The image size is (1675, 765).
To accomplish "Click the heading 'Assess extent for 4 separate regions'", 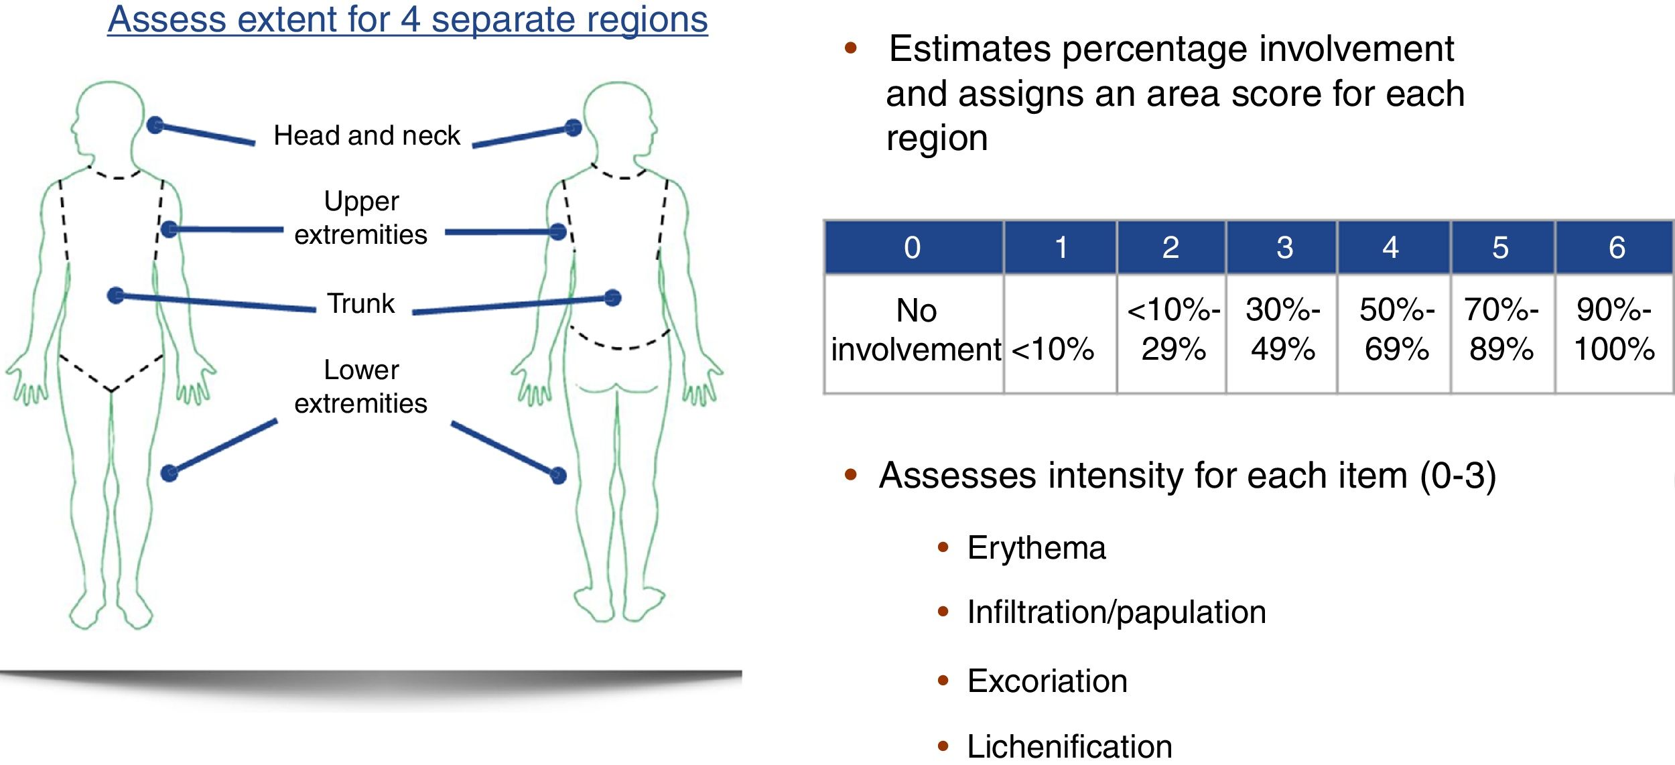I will pyautogui.click(x=407, y=19).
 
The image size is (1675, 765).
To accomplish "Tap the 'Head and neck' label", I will pyautogui.click(x=366, y=135).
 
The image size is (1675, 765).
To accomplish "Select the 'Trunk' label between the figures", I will pyautogui.click(x=361, y=303).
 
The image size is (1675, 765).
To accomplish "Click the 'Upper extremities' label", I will pyautogui.click(x=360, y=218).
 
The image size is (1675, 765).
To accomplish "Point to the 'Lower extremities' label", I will pyautogui.click(x=360, y=387).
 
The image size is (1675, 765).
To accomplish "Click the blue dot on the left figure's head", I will pyautogui.click(x=155, y=125).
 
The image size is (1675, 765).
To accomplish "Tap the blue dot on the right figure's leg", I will pyautogui.click(x=558, y=476).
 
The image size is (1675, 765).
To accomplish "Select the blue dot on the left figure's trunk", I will pyautogui.click(x=116, y=295).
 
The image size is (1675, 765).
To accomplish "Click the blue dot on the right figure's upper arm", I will pyautogui.click(x=557, y=232).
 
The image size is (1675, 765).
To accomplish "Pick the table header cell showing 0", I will pyautogui.click(x=913, y=248).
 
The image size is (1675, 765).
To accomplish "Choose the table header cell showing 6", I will pyautogui.click(x=1617, y=248).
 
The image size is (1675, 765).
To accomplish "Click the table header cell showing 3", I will pyautogui.click(x=1284, y=248).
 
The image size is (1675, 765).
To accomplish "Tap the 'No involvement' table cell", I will pyautogui.click(x=915, y=330).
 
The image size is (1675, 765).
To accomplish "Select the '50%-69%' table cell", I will pyautogui.click(x=1396, y=330).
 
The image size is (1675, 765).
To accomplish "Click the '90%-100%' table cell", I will pyautogui.click(x=1614, y=330).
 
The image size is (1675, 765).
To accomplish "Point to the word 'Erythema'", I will pyautogui.click(x=1036, y=548).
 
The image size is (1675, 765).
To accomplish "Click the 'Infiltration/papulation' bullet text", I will pyautogui.click(x=1116, y=612).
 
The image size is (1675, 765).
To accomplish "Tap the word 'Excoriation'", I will pyautogui.click(x=1047, y=681).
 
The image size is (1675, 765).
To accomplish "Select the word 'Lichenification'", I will pyautogui.click(x=1069, y=746).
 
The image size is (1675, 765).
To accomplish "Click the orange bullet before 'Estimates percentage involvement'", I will pyautogui.click(x=851, y=48).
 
